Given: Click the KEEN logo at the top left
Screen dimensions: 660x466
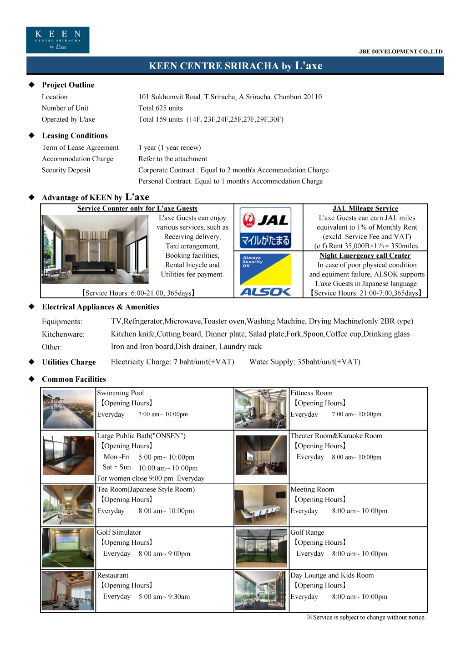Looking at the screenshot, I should (57, 40).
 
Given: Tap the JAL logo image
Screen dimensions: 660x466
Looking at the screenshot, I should (265, 227).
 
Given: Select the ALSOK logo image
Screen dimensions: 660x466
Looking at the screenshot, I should (265, 275).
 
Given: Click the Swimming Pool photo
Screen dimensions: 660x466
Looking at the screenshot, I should (68, 409).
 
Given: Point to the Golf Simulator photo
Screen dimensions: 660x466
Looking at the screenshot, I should (68, 547).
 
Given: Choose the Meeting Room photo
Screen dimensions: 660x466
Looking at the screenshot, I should (261, 505).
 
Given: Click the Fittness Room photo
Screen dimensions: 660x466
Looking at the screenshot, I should (261, 409).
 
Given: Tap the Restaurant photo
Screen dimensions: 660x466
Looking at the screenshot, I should (68, 590).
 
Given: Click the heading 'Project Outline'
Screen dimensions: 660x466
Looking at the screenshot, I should (68, 85).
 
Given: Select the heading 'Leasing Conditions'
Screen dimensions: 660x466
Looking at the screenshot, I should (75, 136).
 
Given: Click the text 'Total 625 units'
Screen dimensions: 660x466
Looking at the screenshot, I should (161, 108).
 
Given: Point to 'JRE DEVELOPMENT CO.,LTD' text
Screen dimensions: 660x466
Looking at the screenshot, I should (400, 52).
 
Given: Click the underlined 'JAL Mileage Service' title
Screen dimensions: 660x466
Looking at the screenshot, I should (365, 209).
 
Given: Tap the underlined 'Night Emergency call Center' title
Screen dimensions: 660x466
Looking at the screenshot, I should (365, 256).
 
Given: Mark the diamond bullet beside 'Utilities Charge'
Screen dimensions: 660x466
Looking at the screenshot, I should (31, 362).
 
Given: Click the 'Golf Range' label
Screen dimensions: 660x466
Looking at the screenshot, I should (308, 532).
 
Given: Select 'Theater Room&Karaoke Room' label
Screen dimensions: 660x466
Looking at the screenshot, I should (336, 436).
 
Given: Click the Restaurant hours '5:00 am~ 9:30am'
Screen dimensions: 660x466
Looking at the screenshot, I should (164, 597).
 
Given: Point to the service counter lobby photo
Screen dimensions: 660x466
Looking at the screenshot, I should (95, 250).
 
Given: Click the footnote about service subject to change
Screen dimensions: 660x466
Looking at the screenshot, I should (366, 618).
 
